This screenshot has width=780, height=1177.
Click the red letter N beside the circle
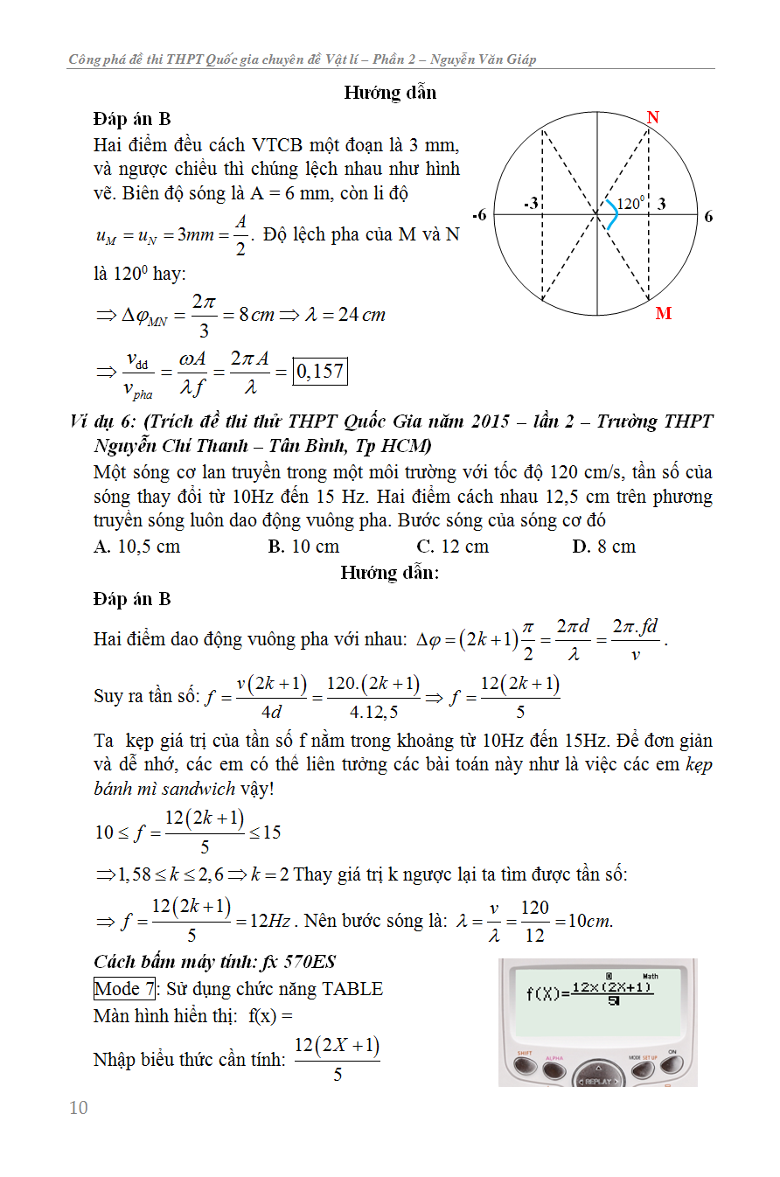[x=652, y=118]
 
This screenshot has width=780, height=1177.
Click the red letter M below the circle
[x=664, y=313]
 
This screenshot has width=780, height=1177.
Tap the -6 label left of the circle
[x=479, y=215]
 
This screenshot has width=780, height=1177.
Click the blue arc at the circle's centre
[x=612, y=216]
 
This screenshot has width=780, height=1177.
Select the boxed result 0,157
[x=320, y=372]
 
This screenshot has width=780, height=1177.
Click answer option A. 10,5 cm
[x=137, y=547]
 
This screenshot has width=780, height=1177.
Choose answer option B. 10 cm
[x=303, y=547]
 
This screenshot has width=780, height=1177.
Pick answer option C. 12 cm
[x=453, y=547]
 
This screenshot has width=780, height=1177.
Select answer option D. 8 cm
[x=604, y=547]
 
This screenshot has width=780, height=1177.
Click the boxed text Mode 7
[x=124, y=989]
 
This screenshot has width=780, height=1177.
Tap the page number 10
[x=79, y=1108]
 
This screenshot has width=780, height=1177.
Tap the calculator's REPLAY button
[x=598, y=1081]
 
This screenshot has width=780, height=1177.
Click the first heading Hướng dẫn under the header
[x=390, y=93]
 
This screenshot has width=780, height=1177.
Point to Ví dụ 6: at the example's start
[x=104, y=421]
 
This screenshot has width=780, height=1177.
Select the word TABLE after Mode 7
[x=352, y=989]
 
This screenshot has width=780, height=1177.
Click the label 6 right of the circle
[x=708, y=216]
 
